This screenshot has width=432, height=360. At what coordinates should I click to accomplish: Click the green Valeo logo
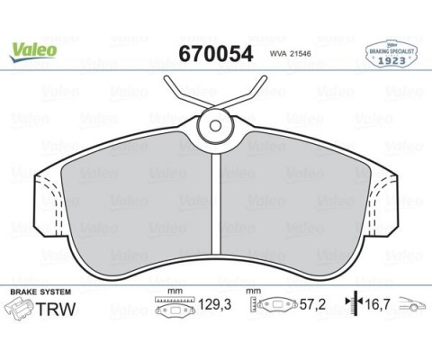33,51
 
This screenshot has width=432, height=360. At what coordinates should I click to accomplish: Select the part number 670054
216,54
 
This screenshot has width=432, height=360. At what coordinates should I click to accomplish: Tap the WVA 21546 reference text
291,54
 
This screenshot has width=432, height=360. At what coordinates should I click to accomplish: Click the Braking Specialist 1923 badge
391,54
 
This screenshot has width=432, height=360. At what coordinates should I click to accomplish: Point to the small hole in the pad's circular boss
215,126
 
